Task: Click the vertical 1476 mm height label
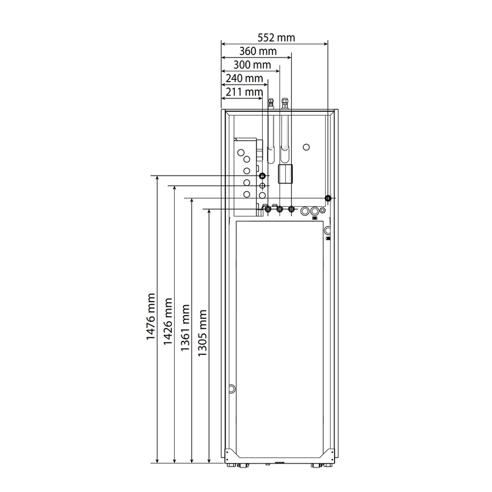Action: (x=151, y=318)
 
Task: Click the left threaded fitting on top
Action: (x=270, y=104)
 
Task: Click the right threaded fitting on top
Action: (x=284, y=104)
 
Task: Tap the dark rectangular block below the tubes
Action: (x=285, y=173)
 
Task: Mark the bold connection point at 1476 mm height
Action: (x=262, y=175)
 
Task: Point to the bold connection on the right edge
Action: (x=328, y=199)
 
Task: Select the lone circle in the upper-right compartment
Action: (x=307, y=146)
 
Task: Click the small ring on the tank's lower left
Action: (x=233, y=388)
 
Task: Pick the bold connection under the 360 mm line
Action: (x=291, y=209)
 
